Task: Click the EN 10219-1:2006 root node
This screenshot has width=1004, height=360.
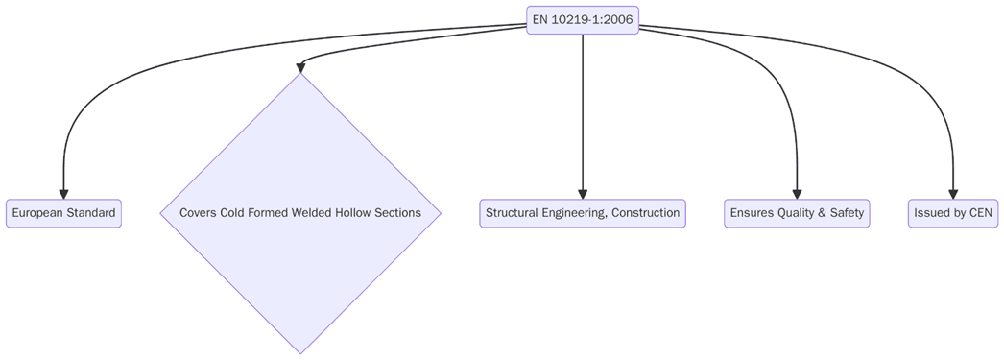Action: point(583,20)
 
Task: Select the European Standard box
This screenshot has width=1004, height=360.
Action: point(63,213)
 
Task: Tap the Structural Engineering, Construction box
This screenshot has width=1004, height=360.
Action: point(583,213)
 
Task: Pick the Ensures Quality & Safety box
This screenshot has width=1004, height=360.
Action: point(797,213)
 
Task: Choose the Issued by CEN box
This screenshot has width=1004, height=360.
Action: point(953,213)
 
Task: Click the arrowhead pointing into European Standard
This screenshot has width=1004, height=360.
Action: point(63,193)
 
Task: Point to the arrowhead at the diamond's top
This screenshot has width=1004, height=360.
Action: point(300,67)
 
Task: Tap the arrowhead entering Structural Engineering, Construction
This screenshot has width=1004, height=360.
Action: point(583,193)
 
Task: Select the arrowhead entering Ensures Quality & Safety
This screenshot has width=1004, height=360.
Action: point(797,193)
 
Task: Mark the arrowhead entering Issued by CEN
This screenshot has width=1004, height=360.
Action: point(953,193)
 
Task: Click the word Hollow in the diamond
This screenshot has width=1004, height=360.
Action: point(354,213)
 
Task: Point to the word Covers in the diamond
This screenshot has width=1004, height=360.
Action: point(198,213)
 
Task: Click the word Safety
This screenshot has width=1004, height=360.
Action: point(846,213)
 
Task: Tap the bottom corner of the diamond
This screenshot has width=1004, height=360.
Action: point(300,352)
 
